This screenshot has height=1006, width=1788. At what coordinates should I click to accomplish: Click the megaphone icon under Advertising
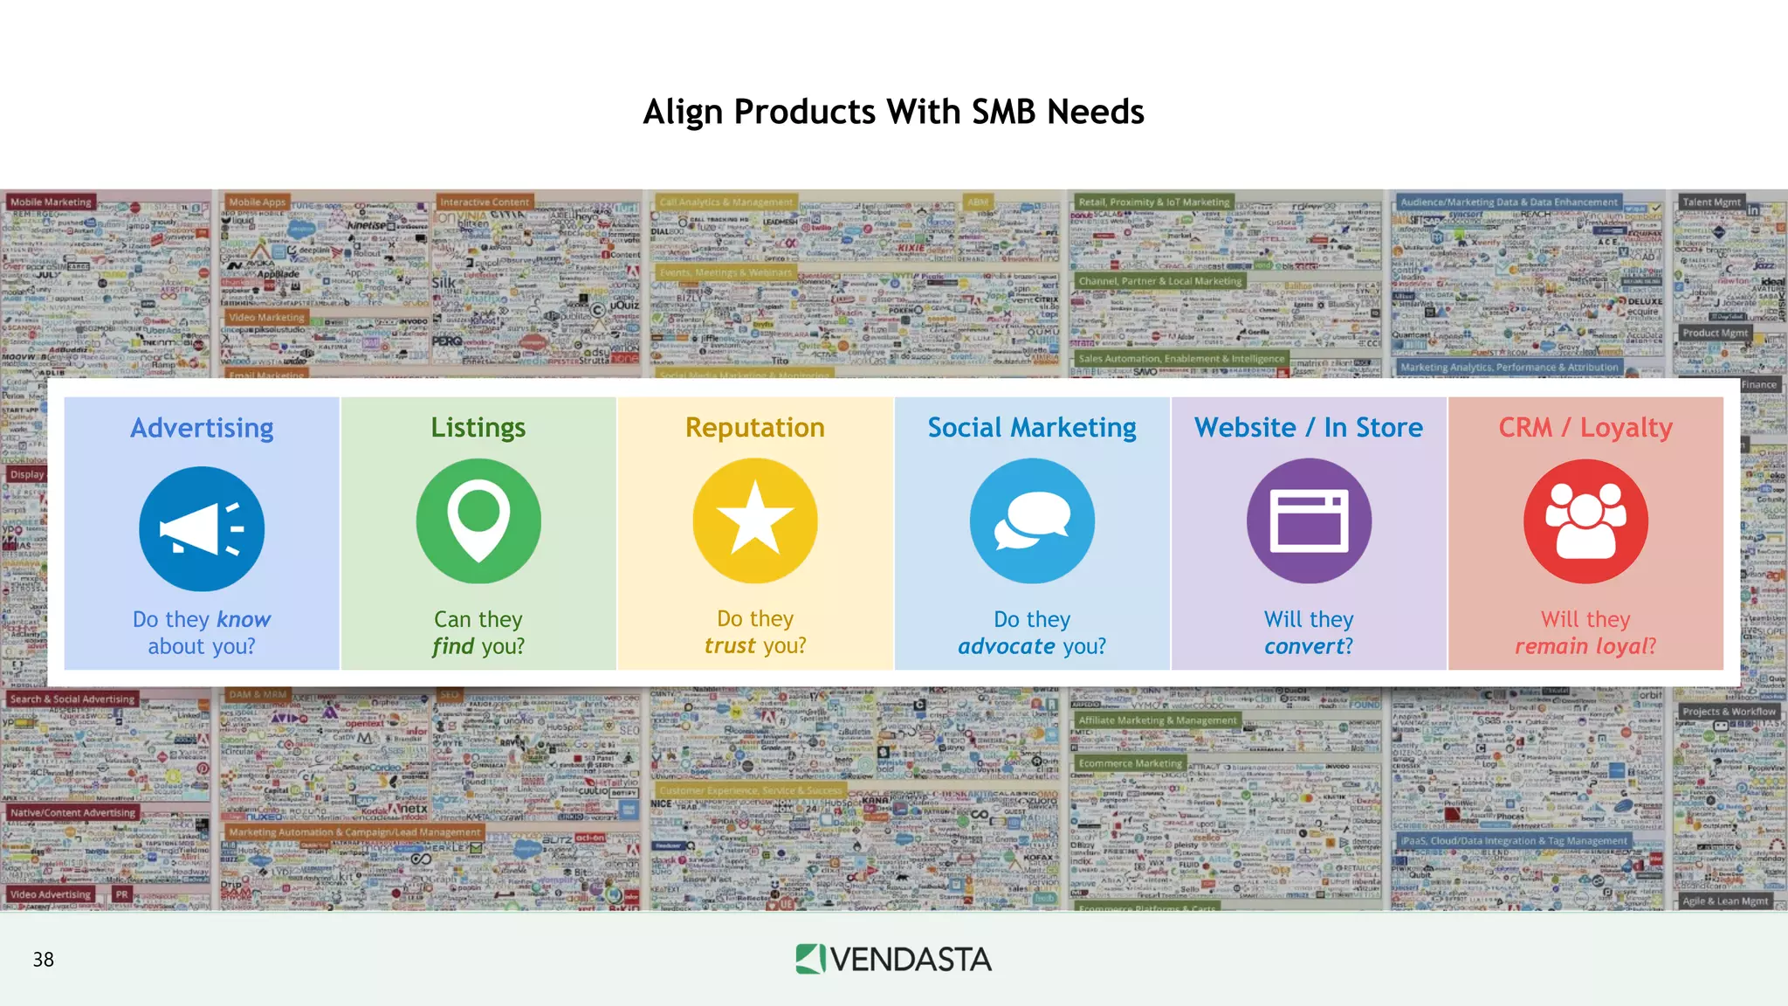click(202, 528)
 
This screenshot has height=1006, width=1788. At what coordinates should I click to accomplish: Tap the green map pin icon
click(478, 521)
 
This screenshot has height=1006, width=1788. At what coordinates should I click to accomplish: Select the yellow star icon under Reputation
click(755, 521)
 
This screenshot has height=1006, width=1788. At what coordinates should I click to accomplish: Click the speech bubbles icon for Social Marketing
click(1032, 521)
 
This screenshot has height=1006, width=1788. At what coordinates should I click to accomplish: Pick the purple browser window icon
click(1309, 521)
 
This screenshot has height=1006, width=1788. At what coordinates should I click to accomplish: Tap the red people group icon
click(1585, 521)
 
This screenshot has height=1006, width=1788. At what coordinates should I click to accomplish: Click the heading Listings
click(478, 427)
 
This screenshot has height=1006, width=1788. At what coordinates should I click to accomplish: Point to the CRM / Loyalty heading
click(1585, 427)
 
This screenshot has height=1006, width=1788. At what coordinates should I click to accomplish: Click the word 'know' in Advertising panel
click(244, 619)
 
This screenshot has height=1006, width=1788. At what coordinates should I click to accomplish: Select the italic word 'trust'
click(730, 645)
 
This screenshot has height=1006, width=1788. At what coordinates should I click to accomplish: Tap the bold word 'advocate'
click(1006, 646)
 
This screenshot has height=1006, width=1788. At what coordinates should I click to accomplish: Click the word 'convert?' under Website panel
click(1309, 646)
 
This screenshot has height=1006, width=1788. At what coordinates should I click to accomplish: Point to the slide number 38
click(44, 960)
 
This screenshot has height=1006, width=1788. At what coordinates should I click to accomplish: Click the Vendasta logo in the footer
click(893, 959)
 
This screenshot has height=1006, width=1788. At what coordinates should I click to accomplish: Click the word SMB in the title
click(1004, 112)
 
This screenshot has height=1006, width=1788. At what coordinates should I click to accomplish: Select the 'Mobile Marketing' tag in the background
click(51, 202)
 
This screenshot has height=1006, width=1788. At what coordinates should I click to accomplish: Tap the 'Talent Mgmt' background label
click(1711, 202)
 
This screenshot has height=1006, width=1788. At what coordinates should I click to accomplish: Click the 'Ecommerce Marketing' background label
click(1130, 763)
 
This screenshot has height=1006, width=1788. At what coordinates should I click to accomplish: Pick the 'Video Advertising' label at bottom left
click(51, 894)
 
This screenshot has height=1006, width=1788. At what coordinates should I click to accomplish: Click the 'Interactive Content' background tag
click(485, 202)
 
